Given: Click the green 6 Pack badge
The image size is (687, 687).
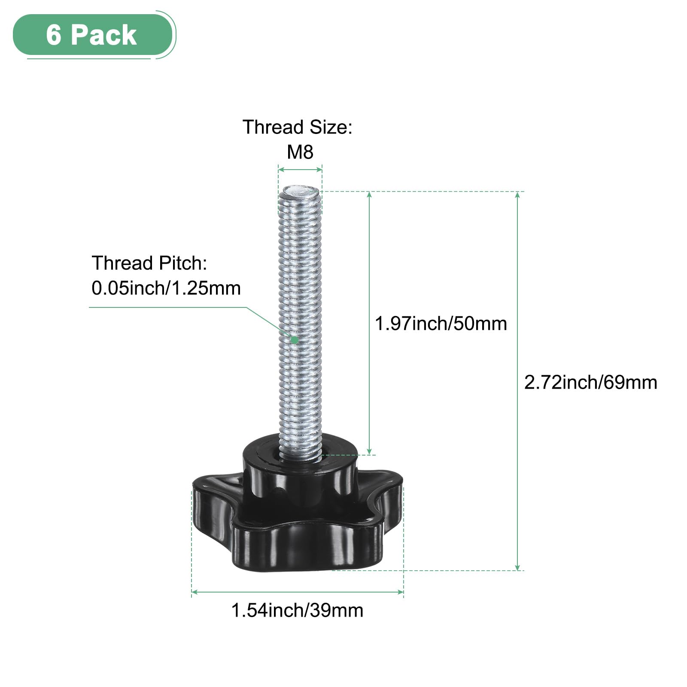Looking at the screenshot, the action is [92, 34].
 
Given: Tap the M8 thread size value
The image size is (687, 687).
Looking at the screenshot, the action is [300, 152].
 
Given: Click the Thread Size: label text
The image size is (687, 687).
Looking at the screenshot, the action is [297, 128].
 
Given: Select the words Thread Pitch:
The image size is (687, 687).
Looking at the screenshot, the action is [149, 263].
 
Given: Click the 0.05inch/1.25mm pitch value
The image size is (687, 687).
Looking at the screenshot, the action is [166, 288].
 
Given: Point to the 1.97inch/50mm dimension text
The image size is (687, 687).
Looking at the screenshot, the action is [441, 324].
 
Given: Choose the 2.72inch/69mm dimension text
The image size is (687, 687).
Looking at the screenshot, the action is [591, 383].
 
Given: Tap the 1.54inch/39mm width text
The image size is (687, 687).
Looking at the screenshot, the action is [297, 610].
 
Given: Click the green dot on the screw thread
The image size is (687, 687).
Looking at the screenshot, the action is [294, 340].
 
